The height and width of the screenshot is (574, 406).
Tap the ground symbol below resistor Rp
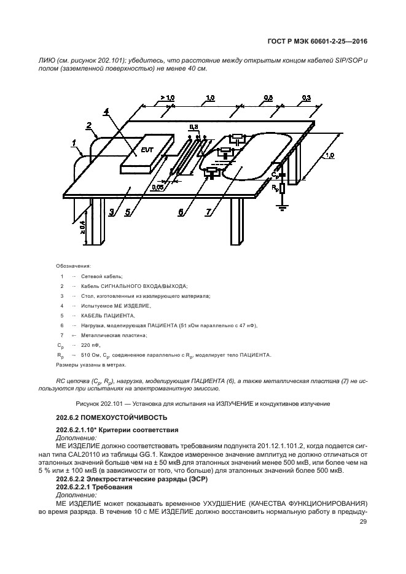[x=282, y=207]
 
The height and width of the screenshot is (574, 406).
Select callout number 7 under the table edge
[x=209, y=212]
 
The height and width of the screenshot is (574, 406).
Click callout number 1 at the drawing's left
[x=74, y=145]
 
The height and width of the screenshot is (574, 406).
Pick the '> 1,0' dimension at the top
[x=167, y=98]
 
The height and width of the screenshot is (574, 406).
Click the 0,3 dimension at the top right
[x=306, y=98]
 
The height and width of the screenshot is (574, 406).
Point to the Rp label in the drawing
[x=274, y=187]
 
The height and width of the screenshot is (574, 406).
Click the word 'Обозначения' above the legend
[x=73, y=266]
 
